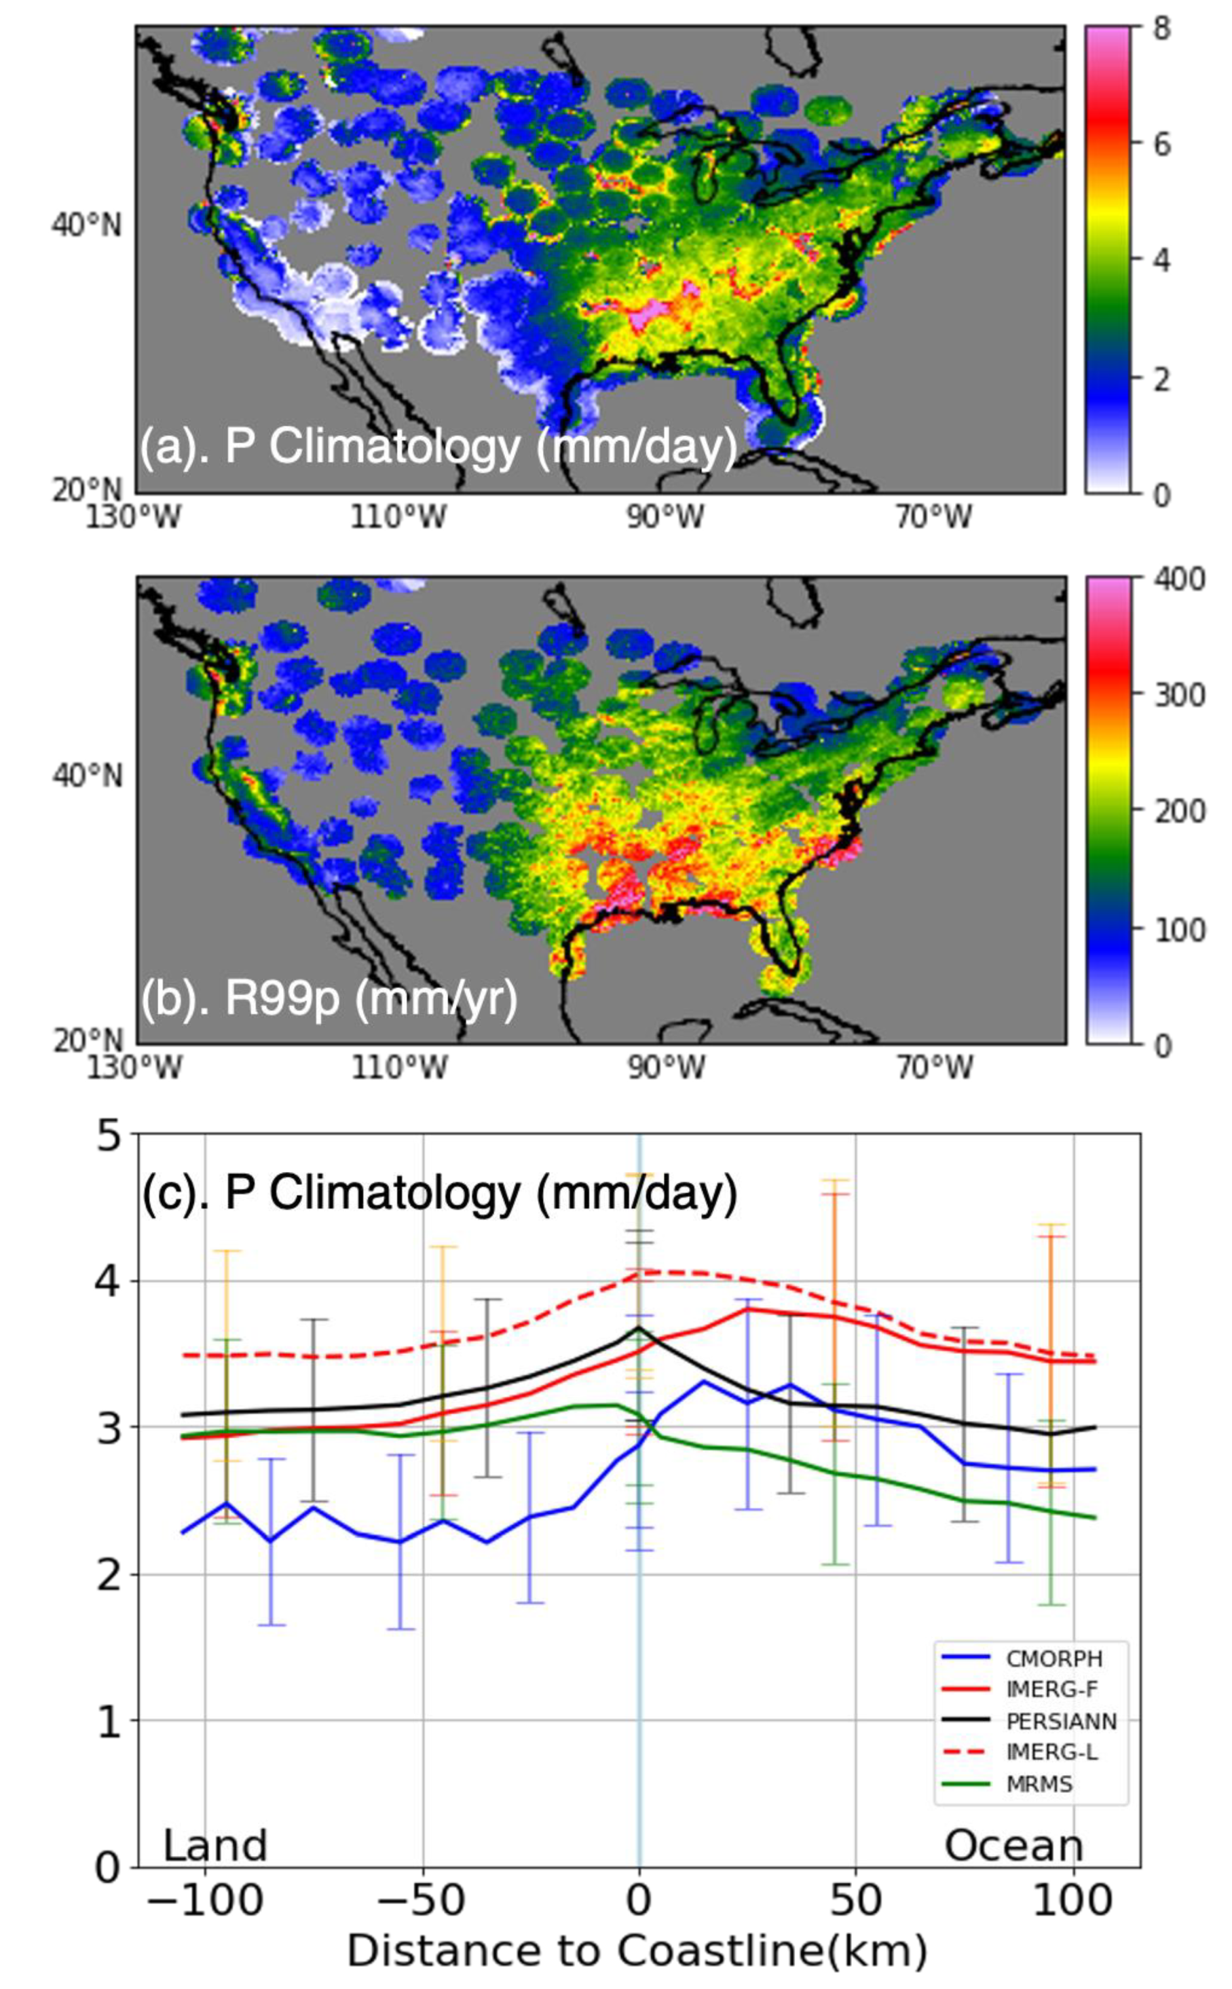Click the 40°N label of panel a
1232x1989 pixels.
point(86,224)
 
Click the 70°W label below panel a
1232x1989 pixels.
point(934,516)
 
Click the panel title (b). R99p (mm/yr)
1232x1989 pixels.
point(329,1000)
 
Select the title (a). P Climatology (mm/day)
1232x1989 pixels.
point(438,447)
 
